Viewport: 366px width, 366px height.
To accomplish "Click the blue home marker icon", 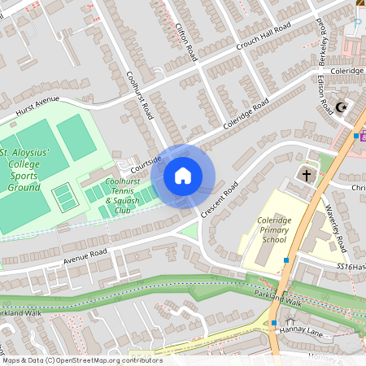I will (183, 176).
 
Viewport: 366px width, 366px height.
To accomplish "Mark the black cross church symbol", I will (307, 174).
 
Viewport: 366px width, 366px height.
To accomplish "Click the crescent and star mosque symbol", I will (342, 106).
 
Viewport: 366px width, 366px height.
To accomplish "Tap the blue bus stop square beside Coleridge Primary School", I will (286, 260).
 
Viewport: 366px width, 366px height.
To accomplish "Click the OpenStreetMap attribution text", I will (81, 359).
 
